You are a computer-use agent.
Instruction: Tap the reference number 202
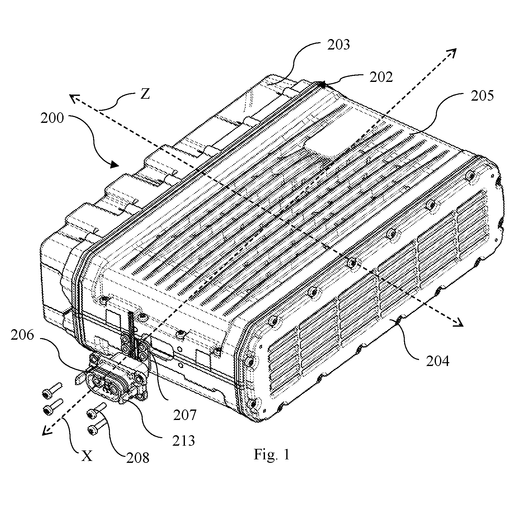coord(381,77)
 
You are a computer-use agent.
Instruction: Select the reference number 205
coord(482,96)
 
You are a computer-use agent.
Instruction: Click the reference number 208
coord(138,457)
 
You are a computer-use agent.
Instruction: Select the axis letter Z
coord(145,94)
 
